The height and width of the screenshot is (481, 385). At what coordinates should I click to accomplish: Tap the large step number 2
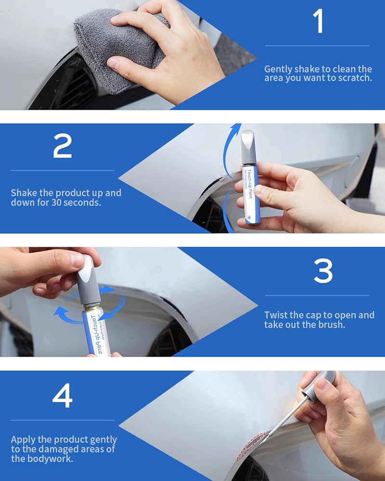62,146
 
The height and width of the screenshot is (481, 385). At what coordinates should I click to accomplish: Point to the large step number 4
62,395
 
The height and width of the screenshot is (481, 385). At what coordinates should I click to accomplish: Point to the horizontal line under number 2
62,170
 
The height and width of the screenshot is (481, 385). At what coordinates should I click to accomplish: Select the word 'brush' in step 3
331,325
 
